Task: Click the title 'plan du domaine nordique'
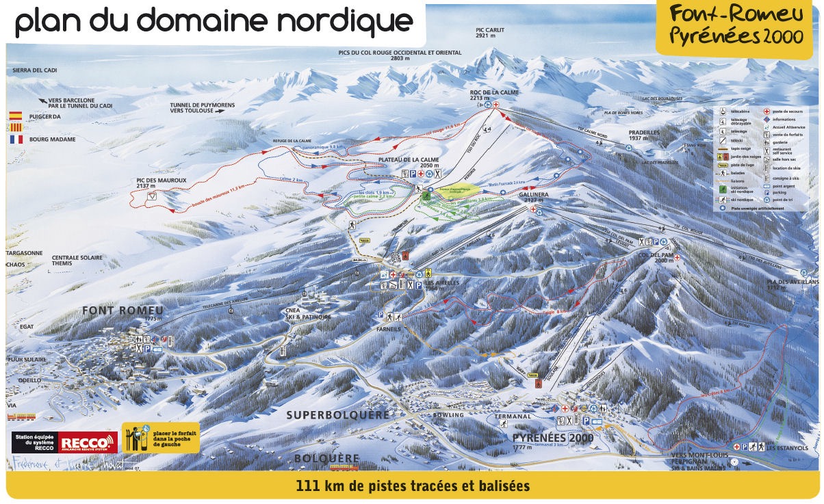[x=214, y=22]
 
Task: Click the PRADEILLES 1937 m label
[x=645, y=134]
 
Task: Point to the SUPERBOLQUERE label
[x=337, y=415]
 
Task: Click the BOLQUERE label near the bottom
[x=326, y=457]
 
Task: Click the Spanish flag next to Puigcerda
[x=16, y=116]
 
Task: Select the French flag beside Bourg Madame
[x=16, y=139]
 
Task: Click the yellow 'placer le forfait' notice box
[x=161, y=438]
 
